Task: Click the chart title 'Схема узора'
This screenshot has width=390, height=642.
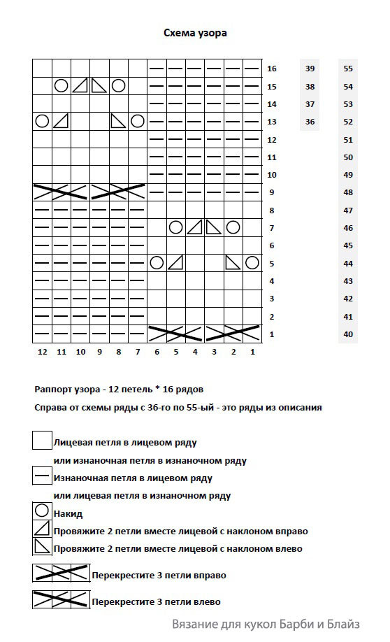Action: pyautogui.click(x=195, y=33)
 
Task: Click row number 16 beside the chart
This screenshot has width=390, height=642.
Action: pyautogui.click(x=272, y=69)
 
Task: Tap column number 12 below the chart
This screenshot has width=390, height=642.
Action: pyautogui.click(x=42, y=352)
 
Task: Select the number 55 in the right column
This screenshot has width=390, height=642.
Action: pyautogui.click(x=348, y=69)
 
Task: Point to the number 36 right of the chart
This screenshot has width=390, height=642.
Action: pyautogui.click(x=310, y=122)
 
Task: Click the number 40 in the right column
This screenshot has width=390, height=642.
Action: pyautogui.click(x=348, y=334)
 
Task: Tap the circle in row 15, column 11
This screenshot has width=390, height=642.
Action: pyautogui.click(x=61, y=85)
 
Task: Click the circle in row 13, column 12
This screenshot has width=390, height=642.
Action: pyautogui.click(x=42, y=121)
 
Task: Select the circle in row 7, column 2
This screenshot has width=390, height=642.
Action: pyautogui.click(x=233, y=227)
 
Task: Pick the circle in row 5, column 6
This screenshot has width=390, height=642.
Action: pyautogui.click(x=157, y=263)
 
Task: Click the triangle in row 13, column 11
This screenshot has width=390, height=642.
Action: pyautogui.click(x=61, y=121)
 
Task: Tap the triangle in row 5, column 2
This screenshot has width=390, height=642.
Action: pyautogui.click(x=233, y=263)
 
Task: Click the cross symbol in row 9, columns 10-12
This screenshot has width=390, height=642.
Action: pyautogui.click(x=61, y=191)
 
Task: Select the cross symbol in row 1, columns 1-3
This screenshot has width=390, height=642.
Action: pyautogui.click(x=233, y=333)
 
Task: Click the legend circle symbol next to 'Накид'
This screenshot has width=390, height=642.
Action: pyautogui.click(x=42, y=512)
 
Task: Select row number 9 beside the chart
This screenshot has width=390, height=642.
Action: pyautogui.click(x=271, y=192)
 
